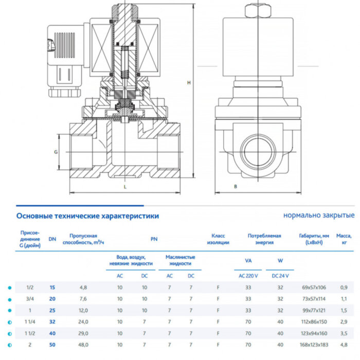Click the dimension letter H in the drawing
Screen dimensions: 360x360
click(189, 82)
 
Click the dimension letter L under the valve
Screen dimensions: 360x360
click(125, 187)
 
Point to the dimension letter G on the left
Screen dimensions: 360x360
click(56, 152)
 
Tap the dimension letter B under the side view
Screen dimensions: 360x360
click(235, 186)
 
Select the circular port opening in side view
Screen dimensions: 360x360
click(257, 151)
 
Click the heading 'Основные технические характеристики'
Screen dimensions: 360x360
click(87, 216)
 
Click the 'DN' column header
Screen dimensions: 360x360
click(52, 239)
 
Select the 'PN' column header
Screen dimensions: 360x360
click(154, 239)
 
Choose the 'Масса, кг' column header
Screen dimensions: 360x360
click(345, 239)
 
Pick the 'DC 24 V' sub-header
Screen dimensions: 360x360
click(280, 276)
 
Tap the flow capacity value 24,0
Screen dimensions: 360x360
click(83, 321)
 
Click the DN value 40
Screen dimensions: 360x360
click(52, 333)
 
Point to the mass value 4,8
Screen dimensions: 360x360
click(345, 345)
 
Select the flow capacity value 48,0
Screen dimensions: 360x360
click(83, 345)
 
